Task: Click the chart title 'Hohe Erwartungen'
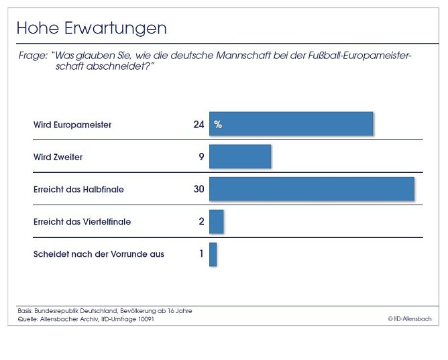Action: (91, 28)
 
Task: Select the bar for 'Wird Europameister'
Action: (291, 124)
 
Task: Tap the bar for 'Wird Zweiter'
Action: (240, 156)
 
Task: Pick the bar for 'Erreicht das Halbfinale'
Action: (312, 189)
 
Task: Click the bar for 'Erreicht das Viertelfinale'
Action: (216, 221)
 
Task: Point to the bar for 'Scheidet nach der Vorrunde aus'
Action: (213, 254)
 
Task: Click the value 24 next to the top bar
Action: (199, 125)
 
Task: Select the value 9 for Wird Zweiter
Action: (201, 157)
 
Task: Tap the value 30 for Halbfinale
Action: (199, 189)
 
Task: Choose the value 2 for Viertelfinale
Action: (201, 221)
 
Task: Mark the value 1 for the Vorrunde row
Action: (201, 254)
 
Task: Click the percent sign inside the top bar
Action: (218, 125)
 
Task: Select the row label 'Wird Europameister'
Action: (72, 125)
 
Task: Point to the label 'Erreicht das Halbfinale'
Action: (78, 189)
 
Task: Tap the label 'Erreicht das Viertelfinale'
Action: (82, 221)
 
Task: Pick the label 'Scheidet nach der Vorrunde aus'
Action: (99, 254)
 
